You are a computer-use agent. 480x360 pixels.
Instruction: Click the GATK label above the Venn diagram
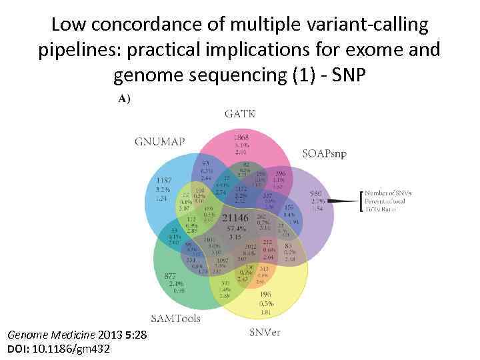pos(240,114)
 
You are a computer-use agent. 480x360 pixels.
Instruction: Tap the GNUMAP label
pos(159,141)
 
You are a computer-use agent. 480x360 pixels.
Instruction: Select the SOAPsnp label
pos(325,153)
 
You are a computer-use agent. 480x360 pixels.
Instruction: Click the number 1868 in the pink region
pos(241,137)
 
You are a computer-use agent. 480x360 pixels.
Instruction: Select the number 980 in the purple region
pos(316,195)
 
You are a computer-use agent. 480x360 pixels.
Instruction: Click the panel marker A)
pos(125,99)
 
